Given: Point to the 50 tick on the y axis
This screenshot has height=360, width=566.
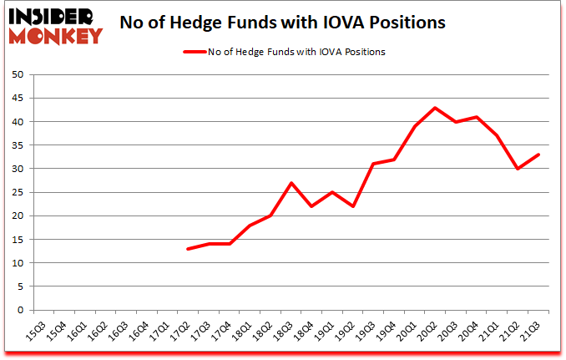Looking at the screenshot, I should pyautogui.click(x=17, y=74).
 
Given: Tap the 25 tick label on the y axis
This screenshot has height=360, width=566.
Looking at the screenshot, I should pyautogui.click(x=17, y=192).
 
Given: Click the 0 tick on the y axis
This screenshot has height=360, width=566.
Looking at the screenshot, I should pyautogui.click(x=19, y=310).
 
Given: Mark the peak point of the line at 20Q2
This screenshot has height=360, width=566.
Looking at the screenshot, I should pyautogui.click(x=435, y=108).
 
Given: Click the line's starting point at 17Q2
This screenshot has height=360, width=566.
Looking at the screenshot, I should pyautogui.click(x=188, y=249).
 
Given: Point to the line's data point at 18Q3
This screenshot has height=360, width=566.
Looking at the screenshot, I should pyautogui.click(x=291, y=183).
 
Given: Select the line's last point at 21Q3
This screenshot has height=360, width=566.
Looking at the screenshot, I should pyautogui.click(x=538, y=155).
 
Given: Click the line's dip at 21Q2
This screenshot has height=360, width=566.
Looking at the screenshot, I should pyautogui.click(x=518, y=169).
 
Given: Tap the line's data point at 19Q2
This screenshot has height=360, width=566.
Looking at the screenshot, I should pyautogui.click(x=352, y=206).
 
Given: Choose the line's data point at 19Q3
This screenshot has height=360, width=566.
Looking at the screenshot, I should pyautogui.click(x=373, y=164).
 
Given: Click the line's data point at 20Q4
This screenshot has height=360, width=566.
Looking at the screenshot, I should pyautogui.click(x=477, y=117).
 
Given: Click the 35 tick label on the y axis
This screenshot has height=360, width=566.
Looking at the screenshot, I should pyautogui.click(x=17, y=145).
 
